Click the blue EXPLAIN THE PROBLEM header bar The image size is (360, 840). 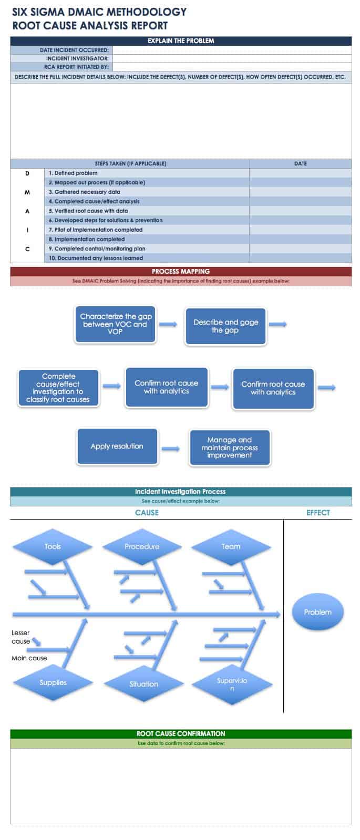tap(181, 41)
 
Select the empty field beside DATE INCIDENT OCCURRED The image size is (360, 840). tap(232, 50)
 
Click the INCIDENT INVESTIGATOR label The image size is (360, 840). tap(77, 59)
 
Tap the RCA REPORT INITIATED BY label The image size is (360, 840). tap(76, 67)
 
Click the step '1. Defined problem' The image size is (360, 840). tap(73, 173)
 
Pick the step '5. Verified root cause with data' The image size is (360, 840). tap(88, 211)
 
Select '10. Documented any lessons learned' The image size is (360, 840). tap(96, 258)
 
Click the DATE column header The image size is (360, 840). tap(300, 164)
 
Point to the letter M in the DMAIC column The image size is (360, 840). tap(27, 192)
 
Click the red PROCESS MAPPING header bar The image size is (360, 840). tap(181, 272)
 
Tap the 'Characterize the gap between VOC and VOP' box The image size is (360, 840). tap(116, 324)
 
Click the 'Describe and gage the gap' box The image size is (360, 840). tap(225, 326)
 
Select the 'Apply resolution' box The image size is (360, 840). tap(117, 447)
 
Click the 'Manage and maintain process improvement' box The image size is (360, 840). tap(229, 448)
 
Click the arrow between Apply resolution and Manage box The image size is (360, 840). tap(170, 449)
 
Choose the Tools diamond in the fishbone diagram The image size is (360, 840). tap(53, 547)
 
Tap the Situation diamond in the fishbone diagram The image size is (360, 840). tap(143, 684)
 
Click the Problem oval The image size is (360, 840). tap(317, 613)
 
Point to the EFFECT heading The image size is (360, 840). tap(318, 513)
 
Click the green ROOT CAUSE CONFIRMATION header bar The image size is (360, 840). tap(181, 734)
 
